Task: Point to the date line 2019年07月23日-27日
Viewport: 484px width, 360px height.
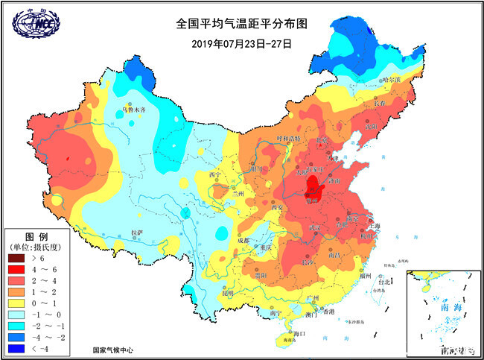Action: point(241,43)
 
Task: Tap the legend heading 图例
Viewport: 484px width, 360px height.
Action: point(36,235)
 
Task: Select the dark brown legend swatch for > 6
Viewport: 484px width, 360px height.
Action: point(17,257)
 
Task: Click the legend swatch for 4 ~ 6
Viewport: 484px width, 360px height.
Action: point(17,268)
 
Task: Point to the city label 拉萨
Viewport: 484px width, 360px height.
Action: point(136,233)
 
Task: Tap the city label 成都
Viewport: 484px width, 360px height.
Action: point(243,240)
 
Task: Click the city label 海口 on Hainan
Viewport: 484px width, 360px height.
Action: point(300,333)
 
